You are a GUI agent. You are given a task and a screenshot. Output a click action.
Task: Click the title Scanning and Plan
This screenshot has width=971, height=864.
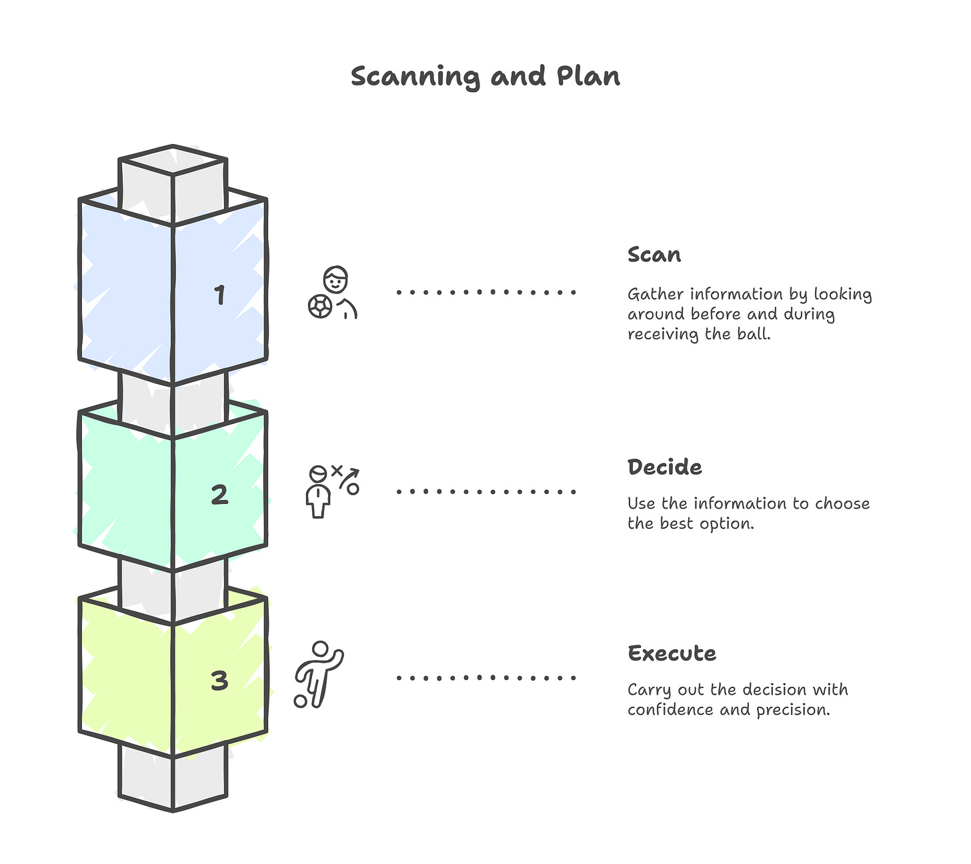pos(485,77)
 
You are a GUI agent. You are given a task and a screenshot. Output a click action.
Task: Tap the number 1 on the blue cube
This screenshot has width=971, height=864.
pos(219,295)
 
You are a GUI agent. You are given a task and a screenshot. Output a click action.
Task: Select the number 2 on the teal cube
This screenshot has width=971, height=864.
pos(219,495)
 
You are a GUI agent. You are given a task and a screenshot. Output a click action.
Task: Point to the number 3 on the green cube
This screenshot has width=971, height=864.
pos(219,681)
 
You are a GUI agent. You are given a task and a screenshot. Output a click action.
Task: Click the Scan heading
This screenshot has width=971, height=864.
pos(654,255)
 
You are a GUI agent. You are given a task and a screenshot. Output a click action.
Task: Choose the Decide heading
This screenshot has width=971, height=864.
pos(664,467)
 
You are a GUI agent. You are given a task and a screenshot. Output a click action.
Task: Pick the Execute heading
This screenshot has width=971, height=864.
pos(672,653)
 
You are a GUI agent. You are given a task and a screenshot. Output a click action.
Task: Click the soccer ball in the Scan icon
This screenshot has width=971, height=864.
pos(320,307)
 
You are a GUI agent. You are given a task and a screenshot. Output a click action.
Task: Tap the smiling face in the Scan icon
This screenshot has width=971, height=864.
pos(336,279)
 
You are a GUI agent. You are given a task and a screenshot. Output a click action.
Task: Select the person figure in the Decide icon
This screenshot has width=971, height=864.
pos(318,493)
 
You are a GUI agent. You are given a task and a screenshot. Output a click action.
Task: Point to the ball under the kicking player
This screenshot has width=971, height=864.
pos(301,701)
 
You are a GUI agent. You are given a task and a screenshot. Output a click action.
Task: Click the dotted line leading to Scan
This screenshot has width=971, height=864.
pos(485,292)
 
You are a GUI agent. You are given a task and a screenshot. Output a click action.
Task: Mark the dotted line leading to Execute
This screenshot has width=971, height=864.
pos(485,678)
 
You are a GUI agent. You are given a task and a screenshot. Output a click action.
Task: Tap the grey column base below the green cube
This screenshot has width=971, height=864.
pos(173,780)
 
